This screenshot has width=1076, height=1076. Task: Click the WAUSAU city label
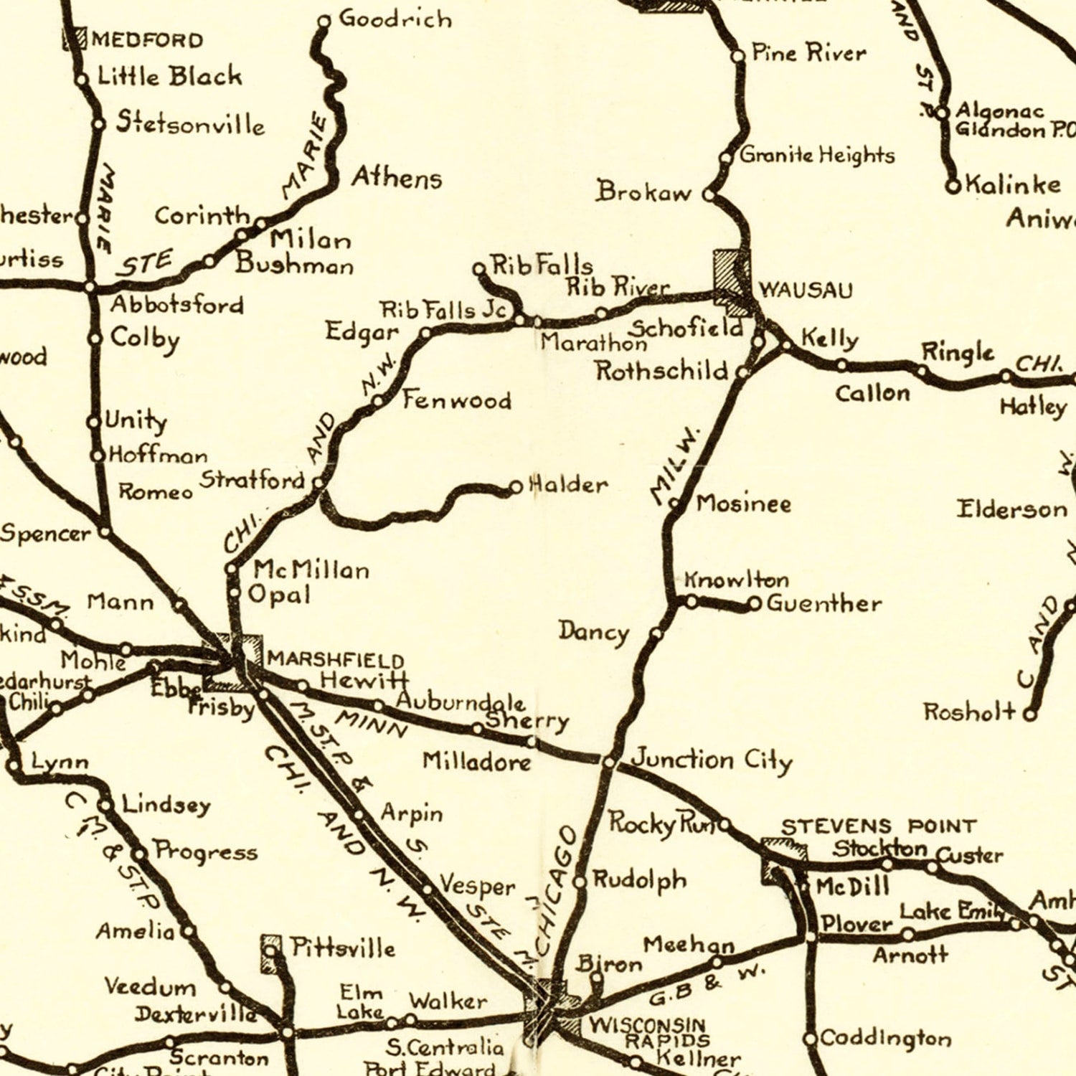point(806,291)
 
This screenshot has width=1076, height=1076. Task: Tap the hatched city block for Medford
point(75,39)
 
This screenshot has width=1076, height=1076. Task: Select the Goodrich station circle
point(324,22)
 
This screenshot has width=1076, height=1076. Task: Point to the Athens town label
point(396,177)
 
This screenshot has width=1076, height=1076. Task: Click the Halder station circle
point(515,488)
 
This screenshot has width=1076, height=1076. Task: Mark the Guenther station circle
point(754,605)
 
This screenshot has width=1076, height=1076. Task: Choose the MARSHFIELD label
point(335,659)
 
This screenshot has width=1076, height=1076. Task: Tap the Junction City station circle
point(608,762)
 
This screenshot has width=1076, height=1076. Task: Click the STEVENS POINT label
point(878,826)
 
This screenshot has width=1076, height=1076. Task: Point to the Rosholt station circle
point(1030,714)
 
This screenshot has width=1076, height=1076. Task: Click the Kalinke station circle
point(953,187)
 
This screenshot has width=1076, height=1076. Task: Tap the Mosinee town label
point(743,504)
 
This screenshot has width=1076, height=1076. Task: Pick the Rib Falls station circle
point(479,269)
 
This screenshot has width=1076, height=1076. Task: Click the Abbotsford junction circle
point(90,287)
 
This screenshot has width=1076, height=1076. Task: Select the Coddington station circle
point(810,1039)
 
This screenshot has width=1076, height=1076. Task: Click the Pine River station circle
point(738,55)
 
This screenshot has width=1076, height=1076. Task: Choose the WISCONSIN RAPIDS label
point(648,1032)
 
